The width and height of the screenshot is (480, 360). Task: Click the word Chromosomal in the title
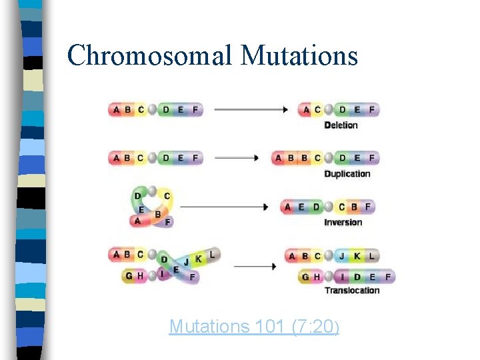point(150,56)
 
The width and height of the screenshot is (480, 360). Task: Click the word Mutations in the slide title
point(299,56)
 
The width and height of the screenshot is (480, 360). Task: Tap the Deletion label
point(341,125)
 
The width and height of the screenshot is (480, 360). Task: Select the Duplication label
point(347,173)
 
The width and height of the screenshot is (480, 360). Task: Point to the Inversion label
point(343,222)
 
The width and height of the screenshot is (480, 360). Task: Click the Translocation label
point(351,290)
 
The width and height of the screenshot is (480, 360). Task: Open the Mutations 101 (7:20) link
point(254,327)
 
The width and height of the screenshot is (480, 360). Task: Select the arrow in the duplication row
point(237,158)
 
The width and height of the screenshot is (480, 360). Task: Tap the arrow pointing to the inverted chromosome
point(224,207)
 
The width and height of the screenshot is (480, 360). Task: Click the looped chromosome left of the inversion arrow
point(152,207)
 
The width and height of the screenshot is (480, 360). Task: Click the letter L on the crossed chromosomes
point(212,254)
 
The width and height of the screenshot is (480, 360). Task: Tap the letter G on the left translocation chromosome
point(127,276)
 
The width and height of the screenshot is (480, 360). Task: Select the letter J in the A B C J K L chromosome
point(342,256)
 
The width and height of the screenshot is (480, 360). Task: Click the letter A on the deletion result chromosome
point(306,109)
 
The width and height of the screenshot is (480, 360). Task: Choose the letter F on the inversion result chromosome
point(368,207)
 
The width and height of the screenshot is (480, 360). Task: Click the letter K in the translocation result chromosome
point(357,256)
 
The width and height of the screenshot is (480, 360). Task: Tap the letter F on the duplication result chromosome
point(371,158)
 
